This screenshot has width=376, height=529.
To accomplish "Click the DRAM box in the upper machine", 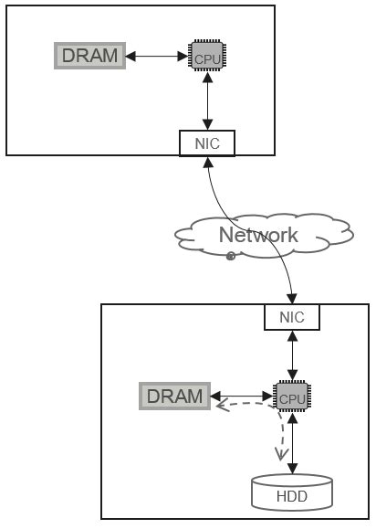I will coord(89,56).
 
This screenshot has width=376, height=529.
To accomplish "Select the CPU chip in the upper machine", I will coord(208,56).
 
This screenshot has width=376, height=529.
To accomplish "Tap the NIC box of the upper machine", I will coord(207,143).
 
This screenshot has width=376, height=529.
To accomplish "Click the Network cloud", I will coord(265,236).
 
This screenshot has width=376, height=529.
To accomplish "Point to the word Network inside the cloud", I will coord(258,235).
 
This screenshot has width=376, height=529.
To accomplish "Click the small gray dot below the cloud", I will coord(231,257).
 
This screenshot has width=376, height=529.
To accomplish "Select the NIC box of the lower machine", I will coord(291,317).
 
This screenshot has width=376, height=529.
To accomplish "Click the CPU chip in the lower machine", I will coord(291,397).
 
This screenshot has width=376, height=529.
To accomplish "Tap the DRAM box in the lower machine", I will coord(174,397).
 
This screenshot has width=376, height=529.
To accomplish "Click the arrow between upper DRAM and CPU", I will coord(157,56).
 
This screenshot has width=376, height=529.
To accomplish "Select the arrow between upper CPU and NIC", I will coord(208,101).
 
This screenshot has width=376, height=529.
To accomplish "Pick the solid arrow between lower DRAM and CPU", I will coord(242,397).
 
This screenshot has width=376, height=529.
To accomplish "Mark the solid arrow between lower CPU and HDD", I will coord(291,444).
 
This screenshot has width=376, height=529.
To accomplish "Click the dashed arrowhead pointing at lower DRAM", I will coord(220,407).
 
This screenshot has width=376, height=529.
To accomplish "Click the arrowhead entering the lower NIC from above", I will coord(292,300).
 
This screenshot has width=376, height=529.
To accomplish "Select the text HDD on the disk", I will coord(291,498).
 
